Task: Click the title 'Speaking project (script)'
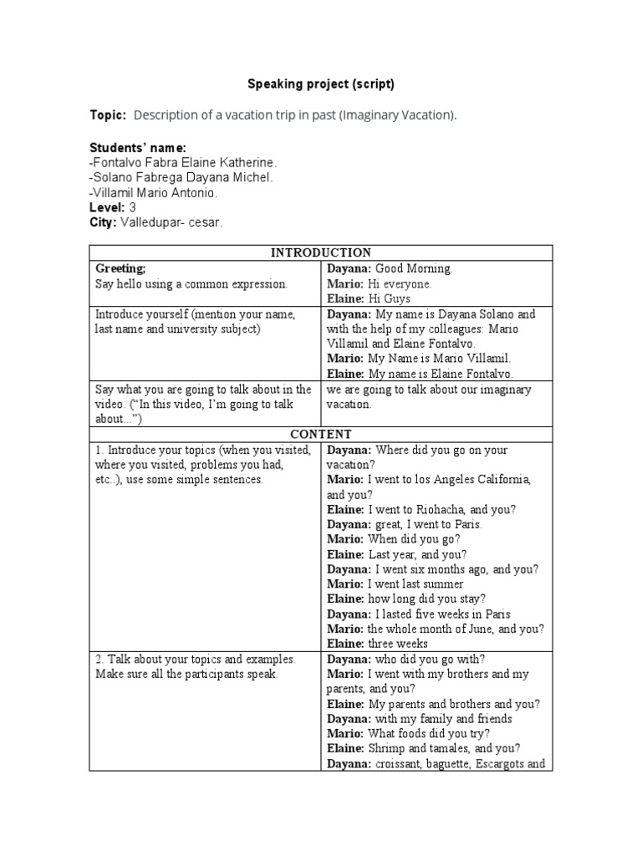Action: (320, 84)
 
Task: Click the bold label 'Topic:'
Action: (108, 115)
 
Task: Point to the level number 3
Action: (132, 207)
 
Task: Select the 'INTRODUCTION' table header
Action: (320, 252)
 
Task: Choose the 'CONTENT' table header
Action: (320, 434)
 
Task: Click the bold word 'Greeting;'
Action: (120, 268)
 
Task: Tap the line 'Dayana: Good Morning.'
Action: (390, 268)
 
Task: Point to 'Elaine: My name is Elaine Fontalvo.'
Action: (420, 374)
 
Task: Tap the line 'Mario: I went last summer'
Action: (390, 584)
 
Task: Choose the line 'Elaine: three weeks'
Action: (377, 644)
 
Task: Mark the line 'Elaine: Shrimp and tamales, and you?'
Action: (423, 749)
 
